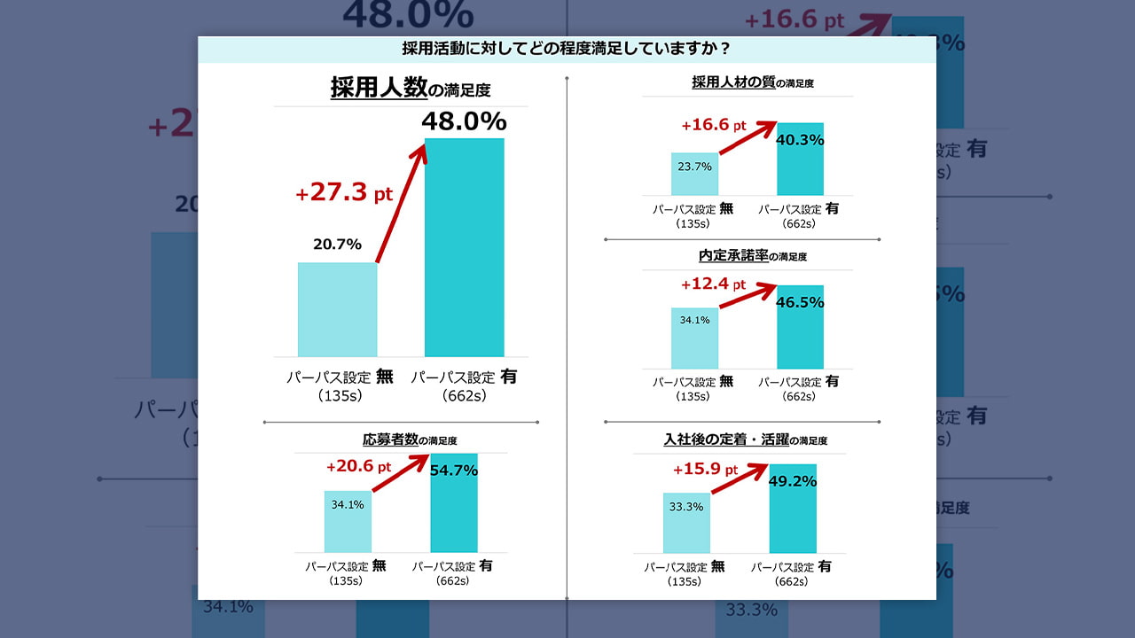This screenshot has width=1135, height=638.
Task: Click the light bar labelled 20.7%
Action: point(337,310)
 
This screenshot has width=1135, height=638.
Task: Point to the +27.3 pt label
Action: point(343,192)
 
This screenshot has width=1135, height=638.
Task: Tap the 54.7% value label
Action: point(453,471)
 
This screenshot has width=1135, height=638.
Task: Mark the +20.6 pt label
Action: point(358,466)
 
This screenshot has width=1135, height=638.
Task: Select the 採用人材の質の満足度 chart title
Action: point(752,82)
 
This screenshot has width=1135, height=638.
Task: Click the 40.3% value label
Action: point(800,139)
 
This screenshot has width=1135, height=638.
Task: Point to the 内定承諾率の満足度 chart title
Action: point(752,256)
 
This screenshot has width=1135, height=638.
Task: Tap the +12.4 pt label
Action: point(714,285)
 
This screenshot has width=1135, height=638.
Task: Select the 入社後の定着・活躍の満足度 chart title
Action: point(745,440)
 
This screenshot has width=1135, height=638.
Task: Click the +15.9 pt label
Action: point(705,469)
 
